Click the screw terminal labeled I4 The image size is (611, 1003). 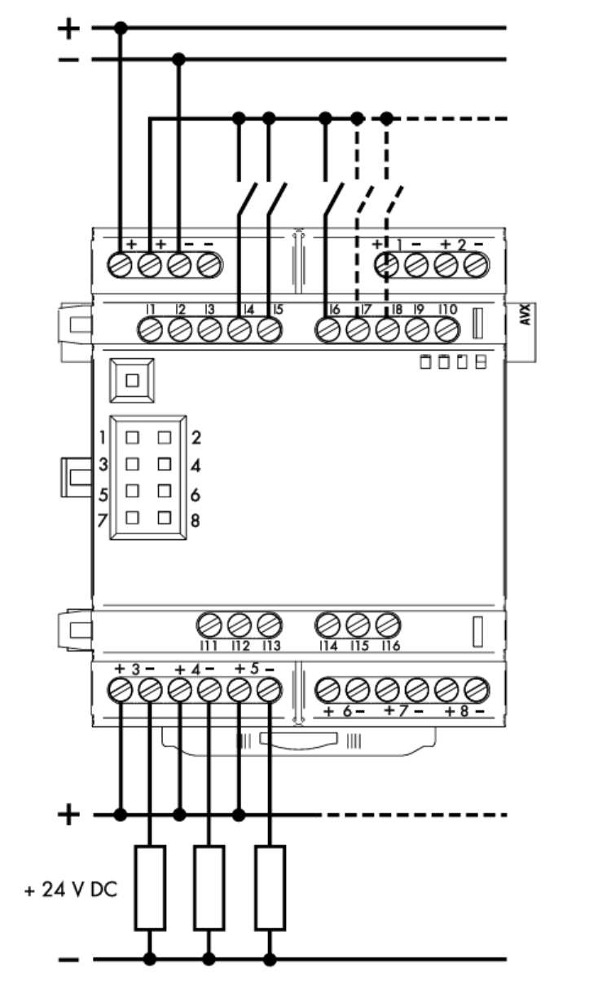[239, 330]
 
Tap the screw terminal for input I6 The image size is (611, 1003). [327, 330]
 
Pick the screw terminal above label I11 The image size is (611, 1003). [210, 625]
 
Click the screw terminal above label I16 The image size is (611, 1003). [388, 625]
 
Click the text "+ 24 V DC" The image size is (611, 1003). [71, 888]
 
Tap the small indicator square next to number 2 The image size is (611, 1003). [165, 437]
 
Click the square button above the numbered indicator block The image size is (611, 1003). [131, 379]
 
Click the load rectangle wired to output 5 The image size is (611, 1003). [270, 887]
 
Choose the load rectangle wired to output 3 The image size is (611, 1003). [151, 887]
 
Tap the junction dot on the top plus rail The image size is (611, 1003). [121, 29]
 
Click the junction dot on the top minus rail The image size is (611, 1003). [180, 59]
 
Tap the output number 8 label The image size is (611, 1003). [464, 711]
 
